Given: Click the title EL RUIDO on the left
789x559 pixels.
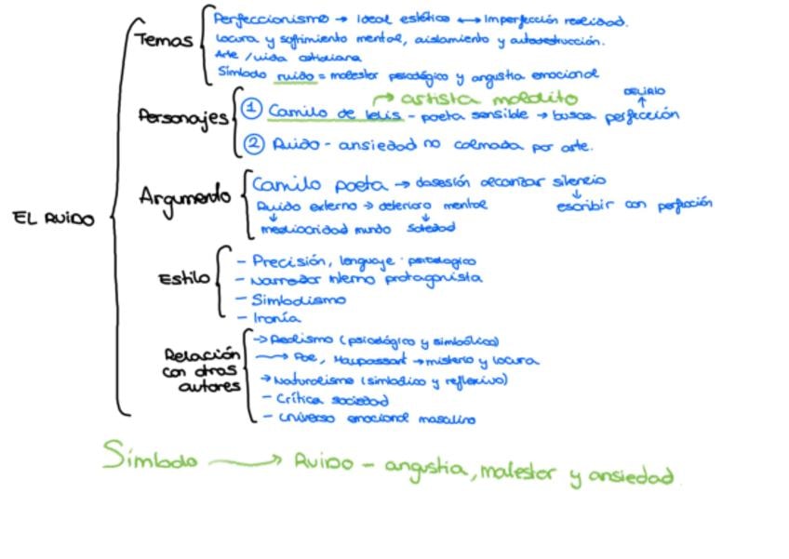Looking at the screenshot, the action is [x=54, y=220].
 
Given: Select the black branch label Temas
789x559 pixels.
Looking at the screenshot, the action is [x=163, y=41].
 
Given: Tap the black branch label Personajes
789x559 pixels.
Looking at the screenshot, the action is [x=182, y=117].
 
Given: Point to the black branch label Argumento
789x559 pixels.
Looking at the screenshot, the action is [x=184, y=196].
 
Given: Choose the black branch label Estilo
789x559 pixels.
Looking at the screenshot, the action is [x=183, y=278].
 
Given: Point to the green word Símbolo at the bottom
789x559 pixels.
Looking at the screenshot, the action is [x=151, y=459].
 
